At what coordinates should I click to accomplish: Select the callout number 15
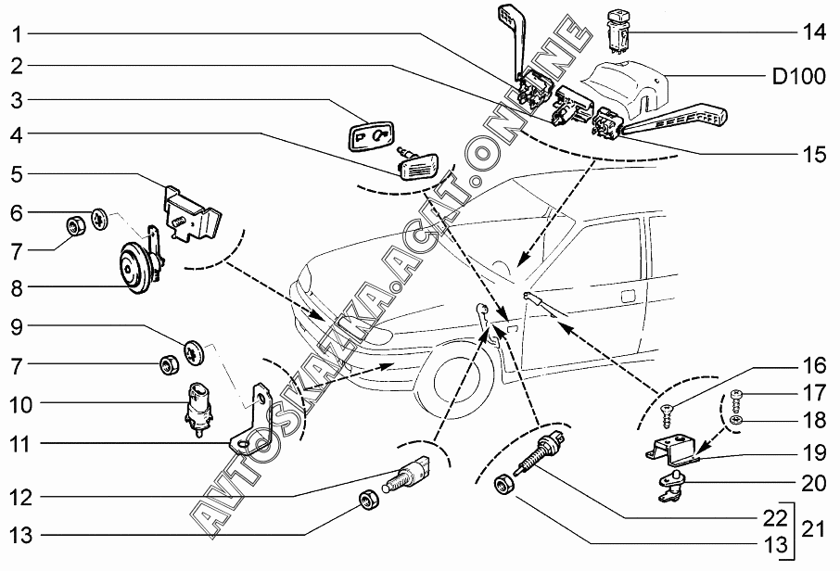point(813,154)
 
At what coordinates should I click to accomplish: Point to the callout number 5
point(18,174)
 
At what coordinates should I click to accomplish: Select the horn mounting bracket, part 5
point(192,209)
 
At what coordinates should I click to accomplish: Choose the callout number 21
point(814,530)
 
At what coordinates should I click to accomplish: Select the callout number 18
point(813,421)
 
